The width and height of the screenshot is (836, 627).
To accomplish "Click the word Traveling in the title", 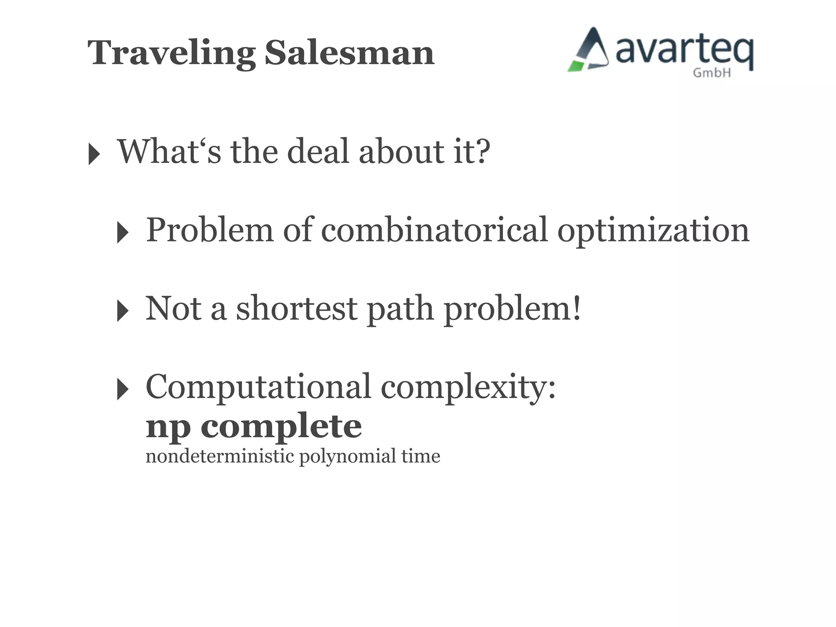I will point(171,53).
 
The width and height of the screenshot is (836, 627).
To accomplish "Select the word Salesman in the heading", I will point(349,53).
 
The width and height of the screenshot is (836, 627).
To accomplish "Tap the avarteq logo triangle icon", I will point(589,51).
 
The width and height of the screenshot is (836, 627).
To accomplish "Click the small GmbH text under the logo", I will point(711,73).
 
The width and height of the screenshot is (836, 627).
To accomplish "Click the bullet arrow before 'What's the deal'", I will point(94,154).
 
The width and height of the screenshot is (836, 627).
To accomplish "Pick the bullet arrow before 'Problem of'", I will point(122,232).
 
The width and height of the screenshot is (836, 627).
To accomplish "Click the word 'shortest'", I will point(297,309).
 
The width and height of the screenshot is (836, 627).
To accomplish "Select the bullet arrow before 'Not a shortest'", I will point(122,311).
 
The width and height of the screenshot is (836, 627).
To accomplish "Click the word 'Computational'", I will point(258,387).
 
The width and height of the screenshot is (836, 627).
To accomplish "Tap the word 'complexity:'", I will point(468,387).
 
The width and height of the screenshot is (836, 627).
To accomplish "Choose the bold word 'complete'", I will point(281,427).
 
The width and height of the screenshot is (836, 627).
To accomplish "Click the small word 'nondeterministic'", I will point(220,456).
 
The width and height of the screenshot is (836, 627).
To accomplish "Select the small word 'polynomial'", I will point(347,456).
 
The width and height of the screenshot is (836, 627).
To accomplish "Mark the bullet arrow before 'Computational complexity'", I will point(122,389).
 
